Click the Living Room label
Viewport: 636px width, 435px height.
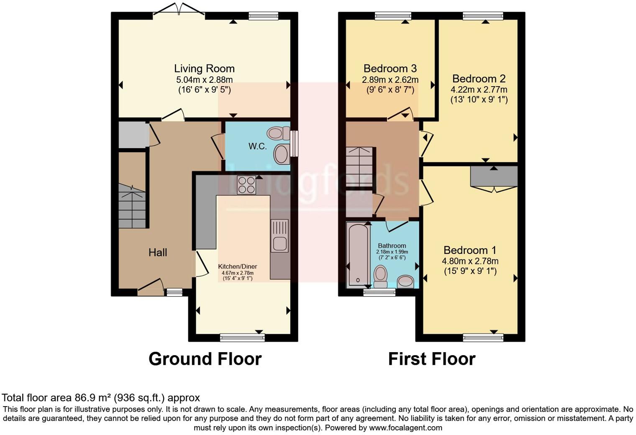coord(204,69)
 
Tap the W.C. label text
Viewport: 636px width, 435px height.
coord(257,146)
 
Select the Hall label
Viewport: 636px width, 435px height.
coord(158,252)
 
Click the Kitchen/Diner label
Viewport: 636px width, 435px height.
coord(237,266)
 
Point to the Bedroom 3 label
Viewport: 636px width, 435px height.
coord(390,69)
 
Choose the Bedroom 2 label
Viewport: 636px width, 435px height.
coord(479,79)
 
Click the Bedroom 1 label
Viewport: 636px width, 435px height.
coord(470,250)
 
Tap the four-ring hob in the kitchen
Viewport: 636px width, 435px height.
coord(246,185)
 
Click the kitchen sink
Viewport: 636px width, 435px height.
coord(279,236)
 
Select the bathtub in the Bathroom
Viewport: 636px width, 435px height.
coord(357,254)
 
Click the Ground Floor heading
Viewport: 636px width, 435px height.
coord(205,359)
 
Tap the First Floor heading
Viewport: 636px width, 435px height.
coord(431,359)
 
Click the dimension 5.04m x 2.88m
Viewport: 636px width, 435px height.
coord(204,79)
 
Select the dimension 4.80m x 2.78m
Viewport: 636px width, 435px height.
coord(470,261)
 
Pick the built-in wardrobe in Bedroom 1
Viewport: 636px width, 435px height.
coord(494,177)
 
